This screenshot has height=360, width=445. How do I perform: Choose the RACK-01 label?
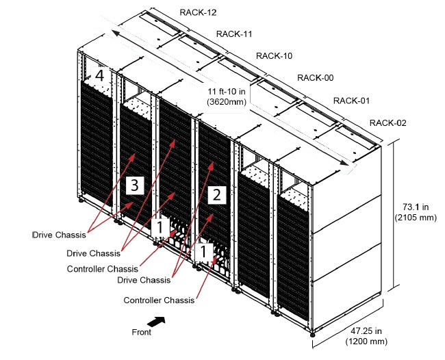click(352, 101)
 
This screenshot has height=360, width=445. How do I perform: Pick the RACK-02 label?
click(388, 123)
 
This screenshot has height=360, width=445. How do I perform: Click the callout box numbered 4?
click(100, 75)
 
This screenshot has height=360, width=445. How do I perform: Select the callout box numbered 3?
click(135, 185)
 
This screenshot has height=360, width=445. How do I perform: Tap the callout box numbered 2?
click(216, 194)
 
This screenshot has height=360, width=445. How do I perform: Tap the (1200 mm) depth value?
click(366, 340)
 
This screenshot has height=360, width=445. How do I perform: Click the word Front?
click(141, 332)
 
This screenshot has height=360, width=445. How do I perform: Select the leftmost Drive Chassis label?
click(58, 235)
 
